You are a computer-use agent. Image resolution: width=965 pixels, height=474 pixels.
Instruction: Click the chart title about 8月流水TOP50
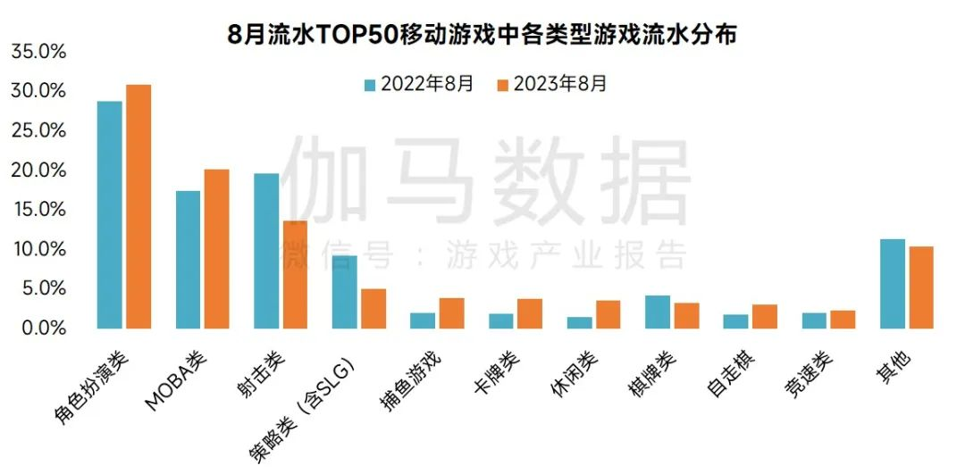pos(482,36)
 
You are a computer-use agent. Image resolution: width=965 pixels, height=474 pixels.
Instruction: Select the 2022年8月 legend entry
pos(418,85)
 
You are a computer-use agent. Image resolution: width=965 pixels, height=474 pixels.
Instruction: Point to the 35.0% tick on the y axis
pos(38,52)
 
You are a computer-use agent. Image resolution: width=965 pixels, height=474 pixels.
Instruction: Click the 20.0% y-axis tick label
pos(38,170)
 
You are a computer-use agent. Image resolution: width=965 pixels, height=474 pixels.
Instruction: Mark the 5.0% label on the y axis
pos(43,288)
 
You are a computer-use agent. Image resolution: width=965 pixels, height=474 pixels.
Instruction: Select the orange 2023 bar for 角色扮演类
pos(138,207)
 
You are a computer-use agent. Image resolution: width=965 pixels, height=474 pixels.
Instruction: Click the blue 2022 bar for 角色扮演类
pos(110,215)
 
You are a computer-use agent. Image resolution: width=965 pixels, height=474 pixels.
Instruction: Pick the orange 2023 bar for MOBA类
pos(216,249)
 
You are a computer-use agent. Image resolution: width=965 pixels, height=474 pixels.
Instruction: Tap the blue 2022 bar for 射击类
pos(266,251)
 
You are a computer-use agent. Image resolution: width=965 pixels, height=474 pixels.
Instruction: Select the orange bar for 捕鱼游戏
pos(451,313)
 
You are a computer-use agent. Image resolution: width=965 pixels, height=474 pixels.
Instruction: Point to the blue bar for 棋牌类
pos(658,312)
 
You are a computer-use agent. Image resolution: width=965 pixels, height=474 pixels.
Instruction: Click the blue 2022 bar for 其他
pos(892,284)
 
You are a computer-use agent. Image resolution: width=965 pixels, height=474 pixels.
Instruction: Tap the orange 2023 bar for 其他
pos(920,287)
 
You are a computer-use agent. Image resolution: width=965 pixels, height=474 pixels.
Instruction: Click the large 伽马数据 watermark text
pos(487,179)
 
